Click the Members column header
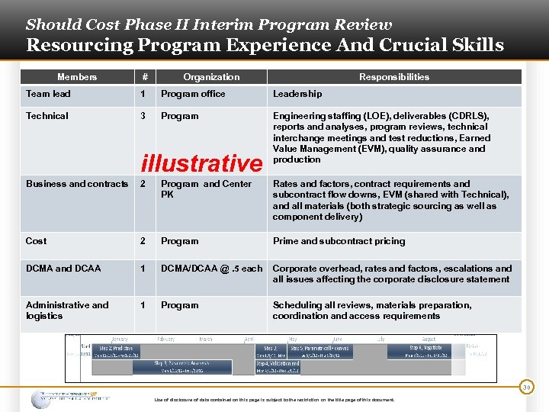[77, 77]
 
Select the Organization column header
[211, 77]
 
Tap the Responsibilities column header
[394, 77]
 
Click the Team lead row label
[48, 94]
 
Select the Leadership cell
[297, 94]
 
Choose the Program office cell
[193, 94]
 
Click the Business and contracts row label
[77, 184]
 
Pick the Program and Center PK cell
[206, 188]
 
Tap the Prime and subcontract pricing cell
[339, 241]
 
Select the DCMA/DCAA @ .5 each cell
[211, 269]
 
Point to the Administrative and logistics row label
[67, 310]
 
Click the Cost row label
[37, 241]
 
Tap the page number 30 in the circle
[526, 388]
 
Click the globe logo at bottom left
[42, 399]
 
